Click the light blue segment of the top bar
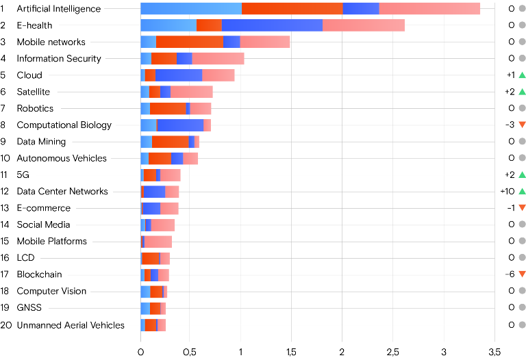point(191,8)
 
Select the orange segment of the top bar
point(292,8)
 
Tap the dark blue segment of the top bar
point(360,8)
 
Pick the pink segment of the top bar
point(429,8)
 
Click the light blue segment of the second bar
point(168,25)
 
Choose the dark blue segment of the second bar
point(272,25)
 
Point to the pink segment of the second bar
point(364,25)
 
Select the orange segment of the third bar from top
point(190,42)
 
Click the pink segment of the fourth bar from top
point(218,58)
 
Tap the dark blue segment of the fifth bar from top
point(179,75)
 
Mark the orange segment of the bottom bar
point(151,325)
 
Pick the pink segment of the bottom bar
point(162,325)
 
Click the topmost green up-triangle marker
point(522,75)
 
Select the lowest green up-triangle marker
point(522,192)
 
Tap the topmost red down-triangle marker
point(522,125)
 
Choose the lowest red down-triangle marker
point(522,274)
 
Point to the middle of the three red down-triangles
point(522,208)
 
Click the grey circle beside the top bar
point(522,8)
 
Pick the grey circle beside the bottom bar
point(522,325)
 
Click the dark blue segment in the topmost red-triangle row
point(180,125)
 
